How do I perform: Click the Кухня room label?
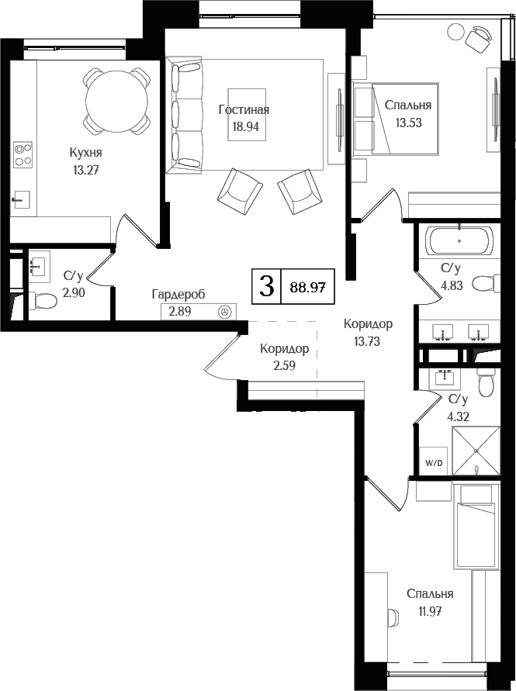(x=86, y=153)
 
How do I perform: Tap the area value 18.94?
(x=246, y=127)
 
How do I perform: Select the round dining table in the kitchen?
(x=116, y=100)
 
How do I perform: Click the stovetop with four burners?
(x=23, y=154)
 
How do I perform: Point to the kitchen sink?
(x=21, y=199)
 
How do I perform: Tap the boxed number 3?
(x=266, y=286)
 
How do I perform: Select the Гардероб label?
(x=178, y=295)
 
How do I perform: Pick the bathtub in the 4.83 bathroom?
(x=459, y=240)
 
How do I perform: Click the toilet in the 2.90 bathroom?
(x=42, y=302)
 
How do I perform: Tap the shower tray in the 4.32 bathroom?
(x=476, y=451)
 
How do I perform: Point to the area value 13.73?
(x=367, y=341)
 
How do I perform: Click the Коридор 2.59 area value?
(x=284, y=366)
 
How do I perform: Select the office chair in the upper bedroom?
(x=478, y=39)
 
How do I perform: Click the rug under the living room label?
(x=247, y=115)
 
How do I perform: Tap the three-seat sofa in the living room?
(x=185, y=115)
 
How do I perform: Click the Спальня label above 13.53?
(x=408, y=105)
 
